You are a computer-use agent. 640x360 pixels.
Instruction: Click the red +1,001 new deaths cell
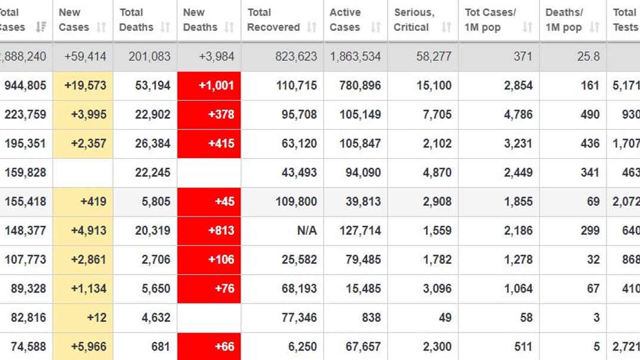click(209, 85)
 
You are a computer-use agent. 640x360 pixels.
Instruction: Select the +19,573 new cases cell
click(83, 85)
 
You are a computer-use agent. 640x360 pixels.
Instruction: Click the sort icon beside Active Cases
click(376, 27)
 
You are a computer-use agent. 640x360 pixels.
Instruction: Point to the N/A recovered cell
click(307, 230)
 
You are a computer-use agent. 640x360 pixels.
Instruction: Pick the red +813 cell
click(209, 230)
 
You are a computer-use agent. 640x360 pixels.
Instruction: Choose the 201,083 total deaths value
click(149, 57)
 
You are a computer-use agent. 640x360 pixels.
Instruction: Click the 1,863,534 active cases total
click(355, 57)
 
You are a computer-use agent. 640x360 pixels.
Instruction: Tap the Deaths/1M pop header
click(564, 20)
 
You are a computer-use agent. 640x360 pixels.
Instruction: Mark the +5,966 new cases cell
click(83, 346)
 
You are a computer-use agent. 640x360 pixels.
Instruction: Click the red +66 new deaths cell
click(209, 346)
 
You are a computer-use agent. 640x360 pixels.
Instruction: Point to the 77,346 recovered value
click(299, 318)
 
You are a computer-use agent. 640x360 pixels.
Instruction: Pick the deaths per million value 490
click(590, 115)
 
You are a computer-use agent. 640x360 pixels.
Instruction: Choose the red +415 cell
click(209, 144)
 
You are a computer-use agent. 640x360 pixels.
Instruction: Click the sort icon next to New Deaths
click(229, 27)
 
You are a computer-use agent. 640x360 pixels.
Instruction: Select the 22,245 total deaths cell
click(153, 173)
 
